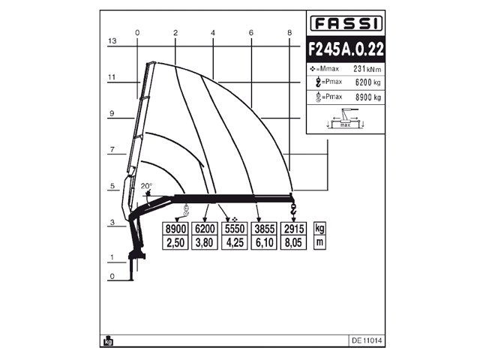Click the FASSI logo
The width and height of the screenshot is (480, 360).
point(345,24)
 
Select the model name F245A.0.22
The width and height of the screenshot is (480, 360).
point(346,49)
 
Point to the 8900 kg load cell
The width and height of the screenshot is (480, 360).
point(175,229)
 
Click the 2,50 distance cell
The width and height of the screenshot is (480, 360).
point(175,243)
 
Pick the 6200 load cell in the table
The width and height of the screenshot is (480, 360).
point(205,229)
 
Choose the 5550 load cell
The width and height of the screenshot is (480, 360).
point(234,229)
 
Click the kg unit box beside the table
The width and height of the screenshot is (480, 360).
point(320,229)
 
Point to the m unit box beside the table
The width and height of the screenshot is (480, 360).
point(320,243)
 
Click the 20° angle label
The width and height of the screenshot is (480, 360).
point(146,186)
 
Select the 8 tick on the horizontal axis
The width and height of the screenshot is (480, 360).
point(289,32)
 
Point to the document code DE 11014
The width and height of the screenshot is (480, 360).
point(366,340)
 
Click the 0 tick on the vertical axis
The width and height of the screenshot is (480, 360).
point(111,277)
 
